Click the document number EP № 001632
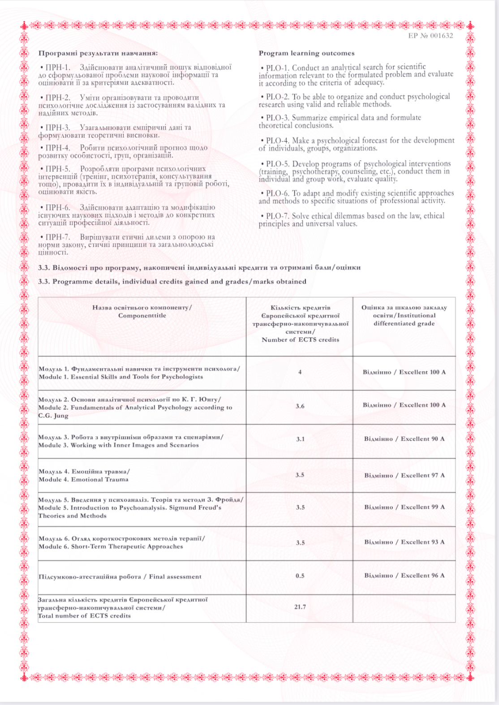[x=430, y=36]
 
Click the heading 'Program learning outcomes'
[x=306, y=53]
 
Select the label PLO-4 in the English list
[x=277, y=141]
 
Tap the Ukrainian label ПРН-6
[x=58, y=207]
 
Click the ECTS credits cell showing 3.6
[x=300, y=406]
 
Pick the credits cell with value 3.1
[x=300, y=439]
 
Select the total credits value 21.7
[x=300, y=607]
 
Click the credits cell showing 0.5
[x=300, y=576]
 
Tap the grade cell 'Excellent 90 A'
[x=404, y=439]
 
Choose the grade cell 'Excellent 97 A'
[x=404, y=475]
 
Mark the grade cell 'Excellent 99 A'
[x=404, y=507]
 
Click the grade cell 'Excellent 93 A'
[x=404, y=542]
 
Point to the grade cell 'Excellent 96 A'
[x=404, y=576]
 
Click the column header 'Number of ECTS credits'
[x=300, y=340]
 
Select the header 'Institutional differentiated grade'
[x=404, y=319]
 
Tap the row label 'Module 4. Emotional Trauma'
[x=83, y=479]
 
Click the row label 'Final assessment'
[x=175, y=577]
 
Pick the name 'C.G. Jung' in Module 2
[x=53, y=416]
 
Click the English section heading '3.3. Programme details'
[x=172, y=282]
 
